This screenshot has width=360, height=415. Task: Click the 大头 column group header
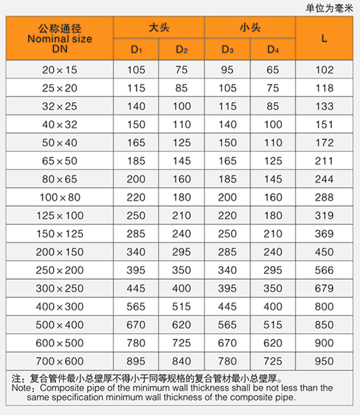(x=159, y=28)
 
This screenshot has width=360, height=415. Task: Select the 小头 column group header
(x=250, y=28)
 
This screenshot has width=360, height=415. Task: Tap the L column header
(x=325, y=38)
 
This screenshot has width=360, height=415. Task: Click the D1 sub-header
(x=136, y=49)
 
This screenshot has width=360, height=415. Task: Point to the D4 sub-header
(x=273, y=49)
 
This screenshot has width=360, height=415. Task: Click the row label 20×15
(x=59, y=70)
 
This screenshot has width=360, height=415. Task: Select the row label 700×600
(x=59, y=361)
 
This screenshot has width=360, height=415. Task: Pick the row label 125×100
(x=59, y=215)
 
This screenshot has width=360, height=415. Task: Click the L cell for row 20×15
(x=325, y=70)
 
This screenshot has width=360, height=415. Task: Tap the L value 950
(x=325, y=361)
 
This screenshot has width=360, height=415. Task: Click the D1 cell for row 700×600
(x=136, y=361)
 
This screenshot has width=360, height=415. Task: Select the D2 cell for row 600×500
(x=182, y=343)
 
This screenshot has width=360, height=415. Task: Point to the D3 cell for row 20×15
(x=228, y=70)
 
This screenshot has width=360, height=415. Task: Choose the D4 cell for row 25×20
(x=273, y=88)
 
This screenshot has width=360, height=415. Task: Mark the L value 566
(x=325, y=270)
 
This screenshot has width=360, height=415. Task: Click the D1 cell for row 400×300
(x=136, y=306)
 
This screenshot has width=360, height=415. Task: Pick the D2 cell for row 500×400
(x=182, y=324)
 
